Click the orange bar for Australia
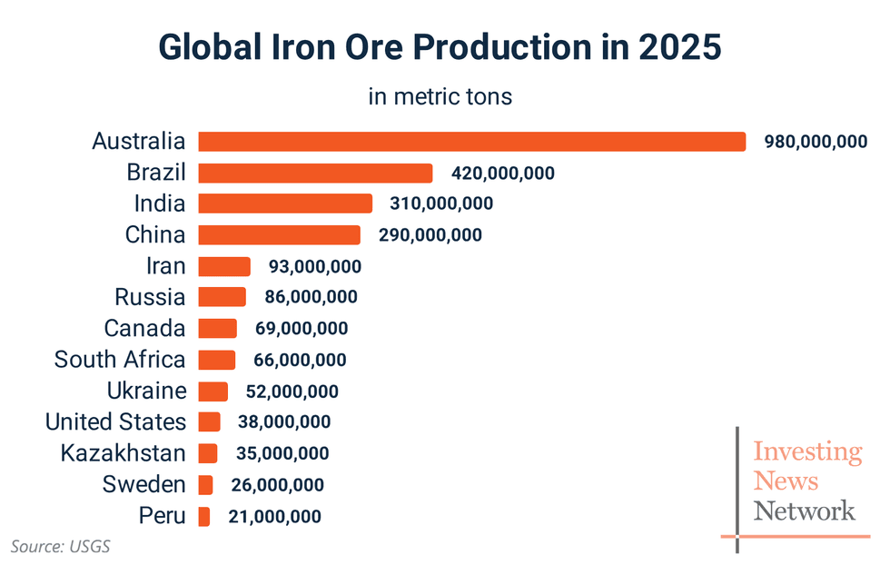[471, 142]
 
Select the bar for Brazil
[315, 173]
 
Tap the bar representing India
[285, 203]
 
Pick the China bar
[279, 235]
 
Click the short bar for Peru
[204, 517]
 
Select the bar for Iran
[224, 266]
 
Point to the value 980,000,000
[816, 142]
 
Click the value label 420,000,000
[502, 173]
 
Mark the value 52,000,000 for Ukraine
[292, 392]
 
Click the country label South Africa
[120, 360]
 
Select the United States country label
[115, 422]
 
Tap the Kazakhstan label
[123, 453]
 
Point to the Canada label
[144, 328]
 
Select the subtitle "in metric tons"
[440, 96]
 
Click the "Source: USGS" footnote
[61, 546]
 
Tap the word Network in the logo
[804, 510]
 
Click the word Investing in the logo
[807, 451]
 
